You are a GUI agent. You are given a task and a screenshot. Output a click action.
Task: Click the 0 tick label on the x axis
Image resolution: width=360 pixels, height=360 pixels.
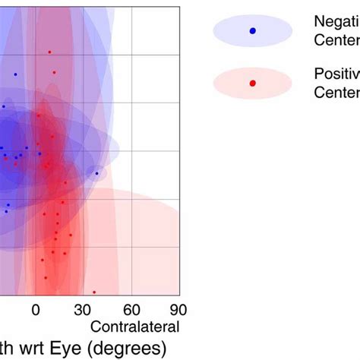36,310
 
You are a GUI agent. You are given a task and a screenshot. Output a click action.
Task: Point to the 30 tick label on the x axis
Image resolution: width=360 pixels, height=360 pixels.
84,310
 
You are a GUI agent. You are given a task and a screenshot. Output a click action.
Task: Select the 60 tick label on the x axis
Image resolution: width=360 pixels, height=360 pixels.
131,310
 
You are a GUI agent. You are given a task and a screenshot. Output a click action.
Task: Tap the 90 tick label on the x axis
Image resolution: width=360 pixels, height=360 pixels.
178,310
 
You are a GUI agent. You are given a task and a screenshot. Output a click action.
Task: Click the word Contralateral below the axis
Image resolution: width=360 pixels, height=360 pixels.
135,327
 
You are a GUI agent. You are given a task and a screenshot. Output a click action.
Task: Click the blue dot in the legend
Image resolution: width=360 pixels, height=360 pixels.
253,30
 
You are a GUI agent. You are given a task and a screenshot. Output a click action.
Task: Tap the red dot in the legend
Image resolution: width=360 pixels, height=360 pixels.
253,83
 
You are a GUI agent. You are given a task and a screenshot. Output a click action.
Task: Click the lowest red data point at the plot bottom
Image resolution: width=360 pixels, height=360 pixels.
94,292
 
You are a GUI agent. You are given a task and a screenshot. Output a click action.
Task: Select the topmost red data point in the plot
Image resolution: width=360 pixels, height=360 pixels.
49,52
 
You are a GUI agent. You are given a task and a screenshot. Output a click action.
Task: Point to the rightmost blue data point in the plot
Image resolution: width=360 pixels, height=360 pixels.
96,173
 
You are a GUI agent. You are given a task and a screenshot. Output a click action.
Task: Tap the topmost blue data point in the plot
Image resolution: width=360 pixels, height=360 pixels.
15,74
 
